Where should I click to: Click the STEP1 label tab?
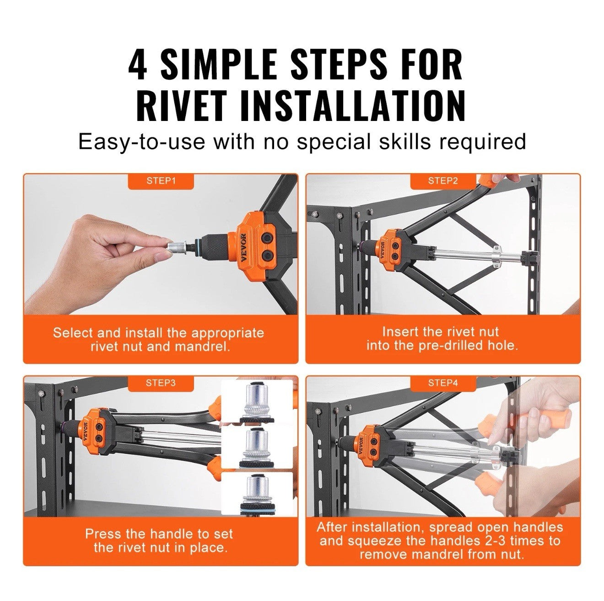coord(161,181)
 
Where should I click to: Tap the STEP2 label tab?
coord(442,181)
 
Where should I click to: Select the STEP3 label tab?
coord(161,383)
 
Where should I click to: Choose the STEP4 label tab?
coord(442,383)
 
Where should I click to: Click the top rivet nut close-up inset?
coord(257,401)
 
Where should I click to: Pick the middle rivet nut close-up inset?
coord(257,448)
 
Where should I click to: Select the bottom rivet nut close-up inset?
coord(257,495)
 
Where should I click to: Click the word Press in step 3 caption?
coord(102,534)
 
